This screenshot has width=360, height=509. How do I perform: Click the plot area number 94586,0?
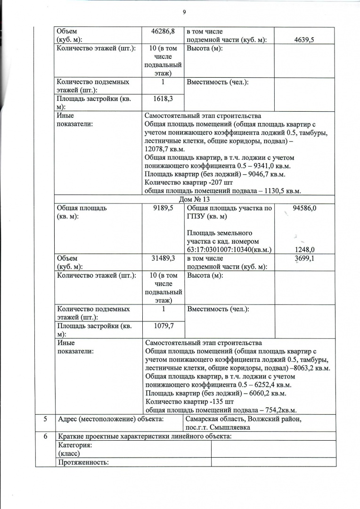pos(304,208)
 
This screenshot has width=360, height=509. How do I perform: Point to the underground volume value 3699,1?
pos(304,258)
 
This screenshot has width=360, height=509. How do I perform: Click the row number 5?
pos(45,419)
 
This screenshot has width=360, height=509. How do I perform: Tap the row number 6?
pos(45,436)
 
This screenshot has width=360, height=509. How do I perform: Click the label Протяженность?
pos(83,462)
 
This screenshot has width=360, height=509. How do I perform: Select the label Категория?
pos(74,445)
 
